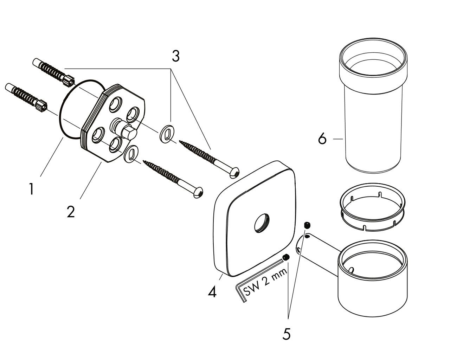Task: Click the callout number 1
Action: click(x=31, y=189)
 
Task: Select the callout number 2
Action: click(x=71, y=212)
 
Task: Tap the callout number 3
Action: click(x=176, y=56)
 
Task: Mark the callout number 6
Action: click(x=322, y=139)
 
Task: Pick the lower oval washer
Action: click(x=131, y=154)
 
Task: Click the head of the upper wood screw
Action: click(x=234, y=173)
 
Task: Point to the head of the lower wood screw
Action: click(x=198, y=192)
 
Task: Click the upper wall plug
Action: click(x=53, y=71)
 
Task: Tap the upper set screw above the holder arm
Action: click(x=307, y=225)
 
